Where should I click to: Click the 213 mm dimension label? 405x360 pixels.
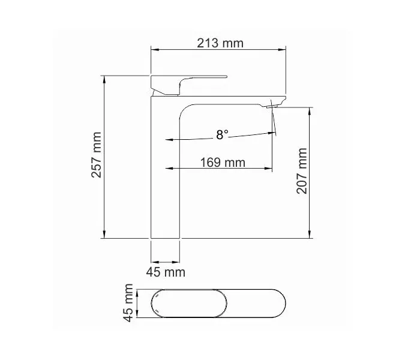(220, 43)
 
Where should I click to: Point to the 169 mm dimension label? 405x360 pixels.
(222, 162)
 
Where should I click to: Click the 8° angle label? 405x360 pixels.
(222, 135)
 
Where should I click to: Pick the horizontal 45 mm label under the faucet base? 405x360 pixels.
(166, 272)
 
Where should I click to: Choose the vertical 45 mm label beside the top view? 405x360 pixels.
(128, 304)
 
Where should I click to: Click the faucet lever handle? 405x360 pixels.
(190, 78)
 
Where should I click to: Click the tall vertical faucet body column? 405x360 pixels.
(165, 180)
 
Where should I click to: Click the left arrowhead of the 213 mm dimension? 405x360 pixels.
(152, 50)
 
